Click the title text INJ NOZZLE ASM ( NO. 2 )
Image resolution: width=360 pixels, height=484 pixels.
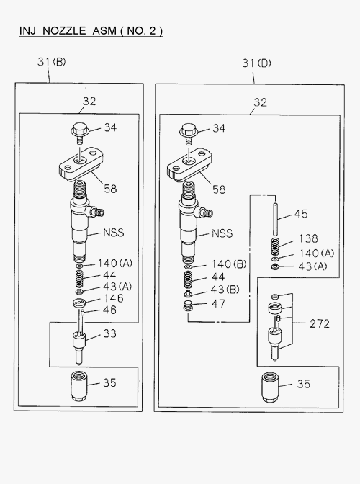(91, 31)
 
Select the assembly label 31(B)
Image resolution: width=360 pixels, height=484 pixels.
(52, 62)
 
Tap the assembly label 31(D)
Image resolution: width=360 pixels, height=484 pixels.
(256, 63)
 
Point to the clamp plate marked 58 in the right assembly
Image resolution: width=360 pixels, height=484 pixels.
(189, 164)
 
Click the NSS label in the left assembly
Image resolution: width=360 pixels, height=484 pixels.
(114, 233)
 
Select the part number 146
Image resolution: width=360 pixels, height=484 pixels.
(114, 298)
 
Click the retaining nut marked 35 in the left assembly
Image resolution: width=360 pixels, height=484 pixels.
(79, 386)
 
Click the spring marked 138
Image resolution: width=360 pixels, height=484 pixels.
(276, 246)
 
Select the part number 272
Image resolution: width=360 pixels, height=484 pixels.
(320, 323)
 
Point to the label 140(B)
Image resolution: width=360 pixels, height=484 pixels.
(229, 264)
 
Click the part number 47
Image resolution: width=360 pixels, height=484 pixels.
(218, 303)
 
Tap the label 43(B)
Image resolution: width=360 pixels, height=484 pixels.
(225, 290)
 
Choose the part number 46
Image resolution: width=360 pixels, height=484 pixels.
(109, 310)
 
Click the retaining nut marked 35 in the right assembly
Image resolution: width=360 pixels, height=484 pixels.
(271, 387)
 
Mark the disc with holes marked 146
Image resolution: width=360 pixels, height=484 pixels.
(80, 303)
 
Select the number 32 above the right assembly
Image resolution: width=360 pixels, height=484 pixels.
(260, 102)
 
